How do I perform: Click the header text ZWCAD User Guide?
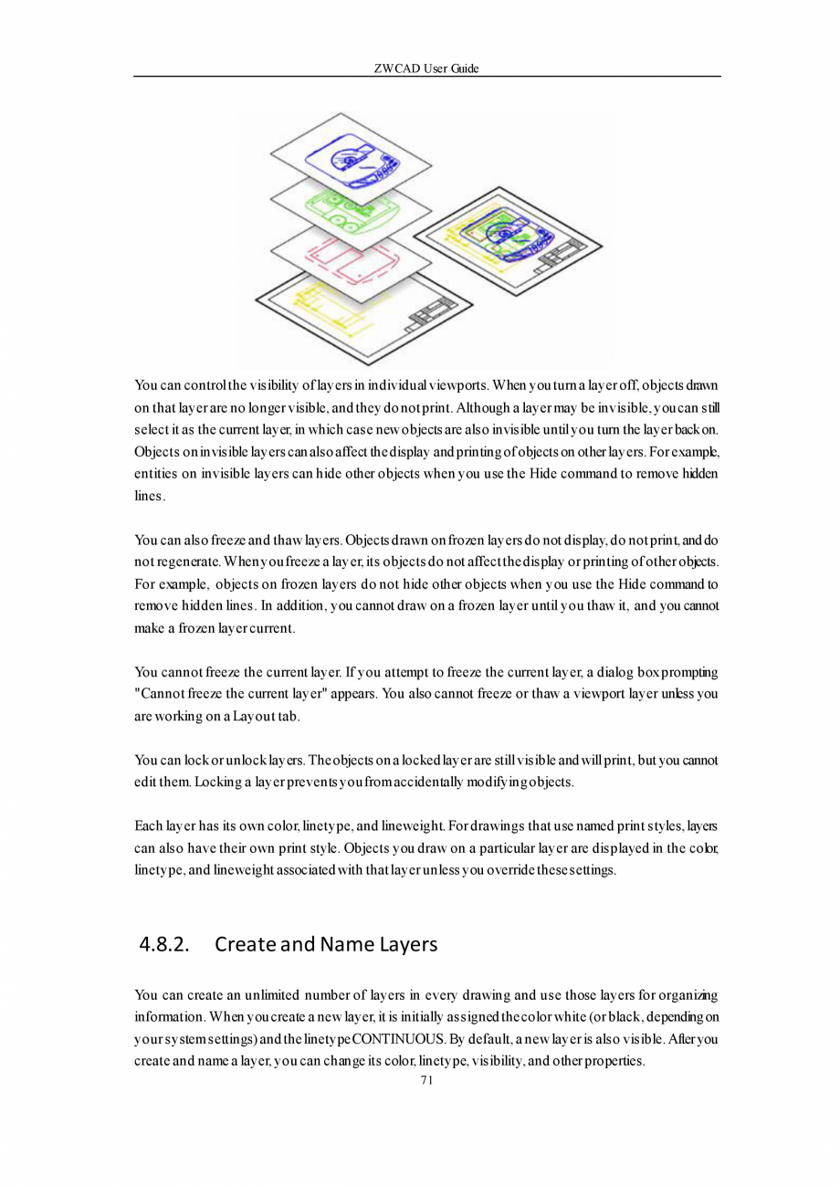426,68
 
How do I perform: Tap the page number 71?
425,1080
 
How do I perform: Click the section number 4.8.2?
163,944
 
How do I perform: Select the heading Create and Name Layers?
326,944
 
